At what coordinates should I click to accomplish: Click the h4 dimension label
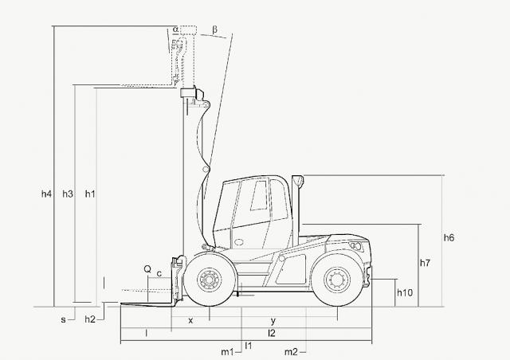click(x=46, y=194)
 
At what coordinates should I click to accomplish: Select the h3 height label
click(x=68, y=194)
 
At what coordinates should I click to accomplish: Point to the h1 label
click(x=90, y=194)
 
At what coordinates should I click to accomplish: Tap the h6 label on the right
click(x=449, y=237)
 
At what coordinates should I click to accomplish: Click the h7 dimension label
click(x=425, y=263)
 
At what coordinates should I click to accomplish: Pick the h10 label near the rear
click(x=405, y=292)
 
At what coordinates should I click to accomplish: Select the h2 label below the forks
click(x=90, y=319)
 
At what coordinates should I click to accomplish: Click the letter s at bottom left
click(x=63, y=320)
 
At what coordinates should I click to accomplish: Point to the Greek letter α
click(x=175, y=29)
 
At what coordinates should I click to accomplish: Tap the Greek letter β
click(x=214, y=29)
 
